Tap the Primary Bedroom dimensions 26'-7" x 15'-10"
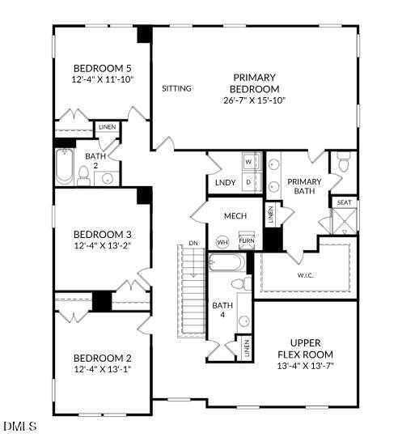[255, 100]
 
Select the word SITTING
[176, 88]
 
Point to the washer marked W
[248, 163]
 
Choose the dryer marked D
[248, 182]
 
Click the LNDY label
[225, 183]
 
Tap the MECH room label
[235, 215]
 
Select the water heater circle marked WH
[222, 242]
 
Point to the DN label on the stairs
[193, 243]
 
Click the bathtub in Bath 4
[226, 264]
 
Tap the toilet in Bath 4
[240, 284]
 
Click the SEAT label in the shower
[344, 202]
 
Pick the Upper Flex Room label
[305, 349]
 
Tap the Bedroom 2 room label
[102, 358]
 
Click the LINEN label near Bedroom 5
[107, 127]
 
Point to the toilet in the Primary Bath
[343, 164]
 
